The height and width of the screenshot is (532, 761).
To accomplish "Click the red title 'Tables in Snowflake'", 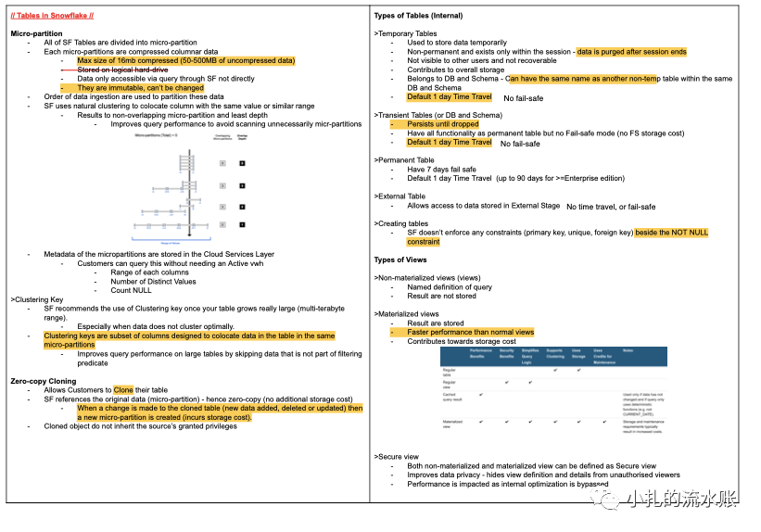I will pyautogui.click(x=53, y=16).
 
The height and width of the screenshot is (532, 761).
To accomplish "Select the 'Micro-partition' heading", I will pyautogui.click(x=36, y=33).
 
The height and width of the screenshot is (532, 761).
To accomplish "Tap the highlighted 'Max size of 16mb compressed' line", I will pyautogui.click(x=185, y=60).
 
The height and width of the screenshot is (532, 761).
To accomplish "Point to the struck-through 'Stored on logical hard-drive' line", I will pyautogui.click(x=123, y=70).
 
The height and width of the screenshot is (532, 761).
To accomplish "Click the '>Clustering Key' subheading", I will pyautogui.click(x=37, y=300).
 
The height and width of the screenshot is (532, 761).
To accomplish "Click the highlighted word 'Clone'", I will pyautogui.click(x=123, y=390).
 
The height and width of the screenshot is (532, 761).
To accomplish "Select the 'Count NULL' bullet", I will pyautogui.click(x=133, y=291).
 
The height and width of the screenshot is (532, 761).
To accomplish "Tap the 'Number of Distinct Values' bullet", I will pyautogui.click(x=153, y=282).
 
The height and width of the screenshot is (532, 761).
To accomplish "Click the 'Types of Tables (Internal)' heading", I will pyautogui.click(x=417, y=16).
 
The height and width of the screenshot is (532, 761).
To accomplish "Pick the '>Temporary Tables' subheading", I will pyautogui.click(x=405, y=33).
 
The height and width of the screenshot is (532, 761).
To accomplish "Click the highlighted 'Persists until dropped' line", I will pyautogui.click(x=443, y=124).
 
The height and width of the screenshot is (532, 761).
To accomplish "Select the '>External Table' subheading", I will pyautogui.click(x=400, y=196).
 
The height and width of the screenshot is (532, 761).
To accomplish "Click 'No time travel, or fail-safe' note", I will pyautogui.click(x=611, y=207).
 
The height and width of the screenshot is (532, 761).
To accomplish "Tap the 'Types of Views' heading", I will pyautogui.click(x=401, y=260).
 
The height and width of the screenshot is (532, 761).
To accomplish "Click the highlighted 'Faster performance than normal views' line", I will pyautogui.click(x=471, y=332).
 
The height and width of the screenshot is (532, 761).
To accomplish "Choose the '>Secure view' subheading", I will pyautogui.click(x=396, y=457).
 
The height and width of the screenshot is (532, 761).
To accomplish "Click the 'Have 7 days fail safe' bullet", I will pyautogui.click(x=441, y=170).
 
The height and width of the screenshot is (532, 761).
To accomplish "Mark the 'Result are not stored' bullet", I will pyautogui.click(x=441, y=296).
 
